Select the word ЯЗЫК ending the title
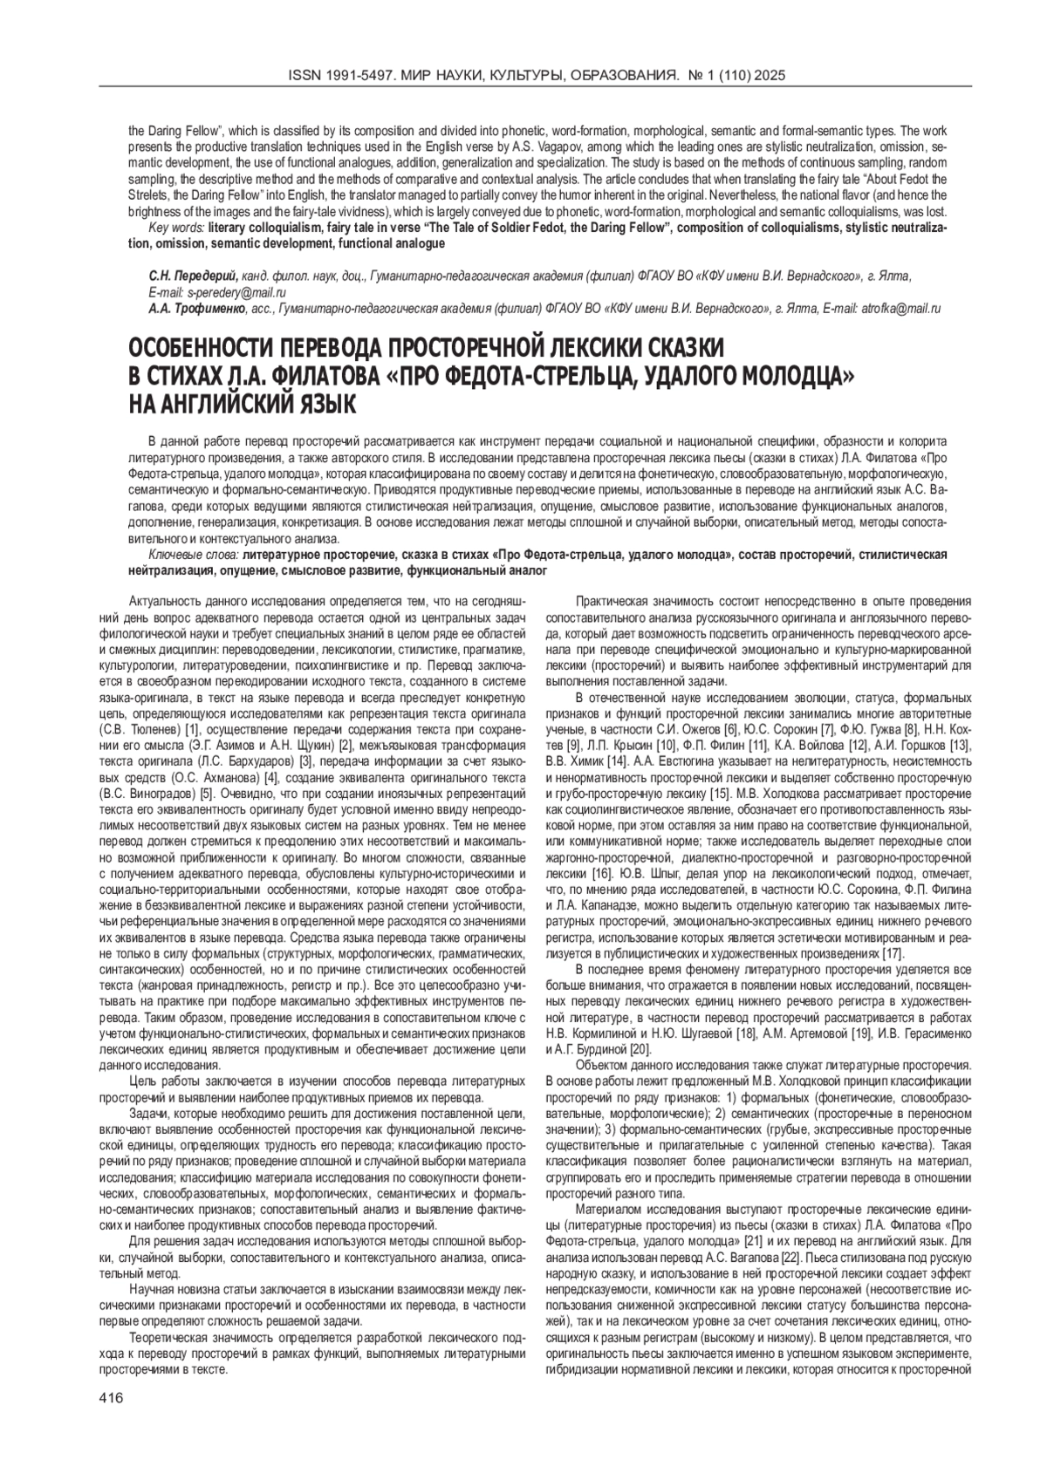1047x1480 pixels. (x=315, y=405)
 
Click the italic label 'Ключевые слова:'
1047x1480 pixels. (x=194, y=555)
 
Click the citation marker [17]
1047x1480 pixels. (x=892, y=953)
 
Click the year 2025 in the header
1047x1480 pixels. (x=771, y=77)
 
